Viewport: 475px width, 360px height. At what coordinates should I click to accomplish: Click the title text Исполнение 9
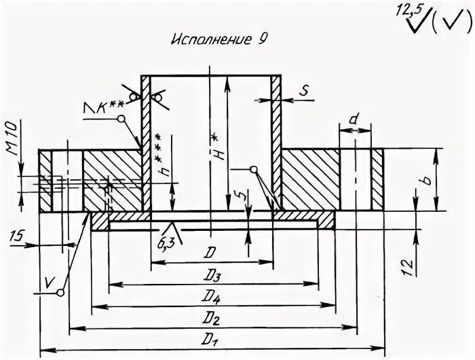(x=216, y=39)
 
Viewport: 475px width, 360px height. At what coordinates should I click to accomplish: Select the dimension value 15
(x=20, y=236)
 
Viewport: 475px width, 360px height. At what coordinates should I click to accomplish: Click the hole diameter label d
(x=353, y=120)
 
